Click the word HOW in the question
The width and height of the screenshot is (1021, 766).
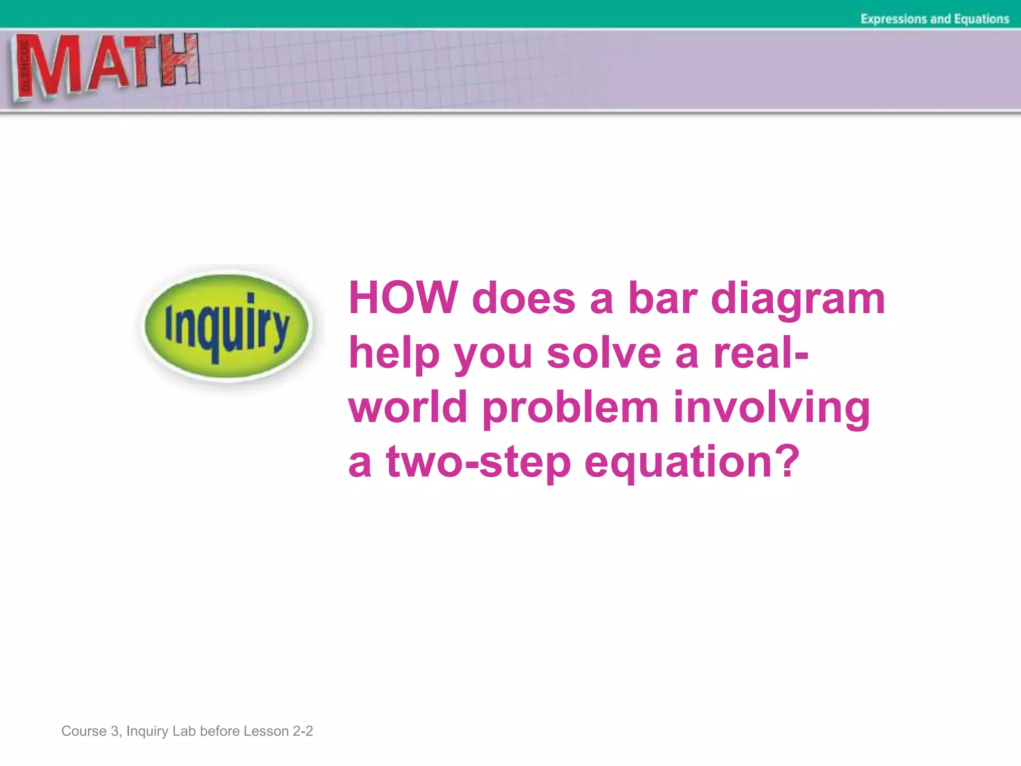403,298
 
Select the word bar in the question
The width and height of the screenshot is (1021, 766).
662,298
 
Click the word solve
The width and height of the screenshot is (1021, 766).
604,353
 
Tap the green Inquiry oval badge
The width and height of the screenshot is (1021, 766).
227,327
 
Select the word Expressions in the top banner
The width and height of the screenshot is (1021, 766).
893,19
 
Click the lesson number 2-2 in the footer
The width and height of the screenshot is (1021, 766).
302,731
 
